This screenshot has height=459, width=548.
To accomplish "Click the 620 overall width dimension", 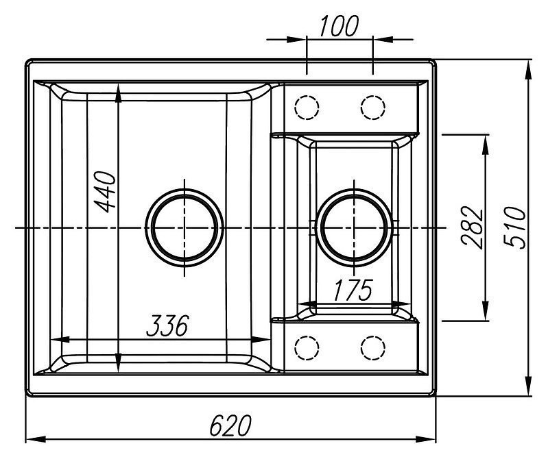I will [229, 425].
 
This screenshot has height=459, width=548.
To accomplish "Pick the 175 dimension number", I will [353, 290].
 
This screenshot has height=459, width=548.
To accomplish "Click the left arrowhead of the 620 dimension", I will [32, 437].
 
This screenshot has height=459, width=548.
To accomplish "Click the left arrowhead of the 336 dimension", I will [59, 338].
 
